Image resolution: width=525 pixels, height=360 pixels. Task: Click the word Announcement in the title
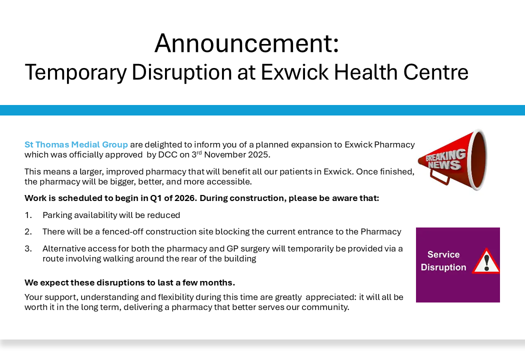click(243, 43)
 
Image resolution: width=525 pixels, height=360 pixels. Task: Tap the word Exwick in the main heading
click(294, 72)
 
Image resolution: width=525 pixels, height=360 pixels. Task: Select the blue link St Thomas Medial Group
click(76, 144)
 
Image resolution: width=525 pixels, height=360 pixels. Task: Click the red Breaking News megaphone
click(452, 160)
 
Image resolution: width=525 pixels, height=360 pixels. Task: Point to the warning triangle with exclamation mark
click(486, 261)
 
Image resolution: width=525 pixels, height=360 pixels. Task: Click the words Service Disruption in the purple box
click(443, 261)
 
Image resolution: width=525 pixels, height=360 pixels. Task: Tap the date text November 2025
click(236, 154)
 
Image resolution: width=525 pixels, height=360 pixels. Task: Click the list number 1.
click(28, 215)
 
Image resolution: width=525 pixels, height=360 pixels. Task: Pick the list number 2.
click(28, 231)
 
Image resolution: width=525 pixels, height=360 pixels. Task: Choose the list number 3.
click(28, 249)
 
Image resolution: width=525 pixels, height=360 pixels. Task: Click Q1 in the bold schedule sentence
click(155, 198)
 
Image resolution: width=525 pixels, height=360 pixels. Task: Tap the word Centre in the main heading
click(435, 72)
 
